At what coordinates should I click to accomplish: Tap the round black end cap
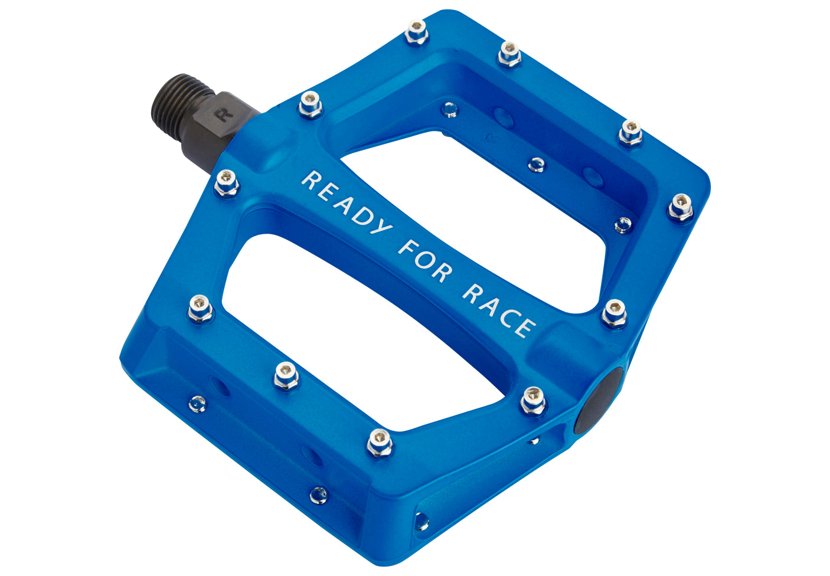pyautogui.click(x=600, y=400)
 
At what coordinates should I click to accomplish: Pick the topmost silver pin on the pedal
pyautogui.click(x=416, y=31)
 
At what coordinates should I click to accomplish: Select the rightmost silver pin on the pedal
pyautogui.click(x=681, y=207)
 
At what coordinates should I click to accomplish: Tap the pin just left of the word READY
pyautogui.click(x=227, y=183)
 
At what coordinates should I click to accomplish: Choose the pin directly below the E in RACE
pyautogui.click(x=534, y=400)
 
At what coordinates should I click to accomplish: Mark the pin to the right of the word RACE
pyautogui.click(x=614, y=312)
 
